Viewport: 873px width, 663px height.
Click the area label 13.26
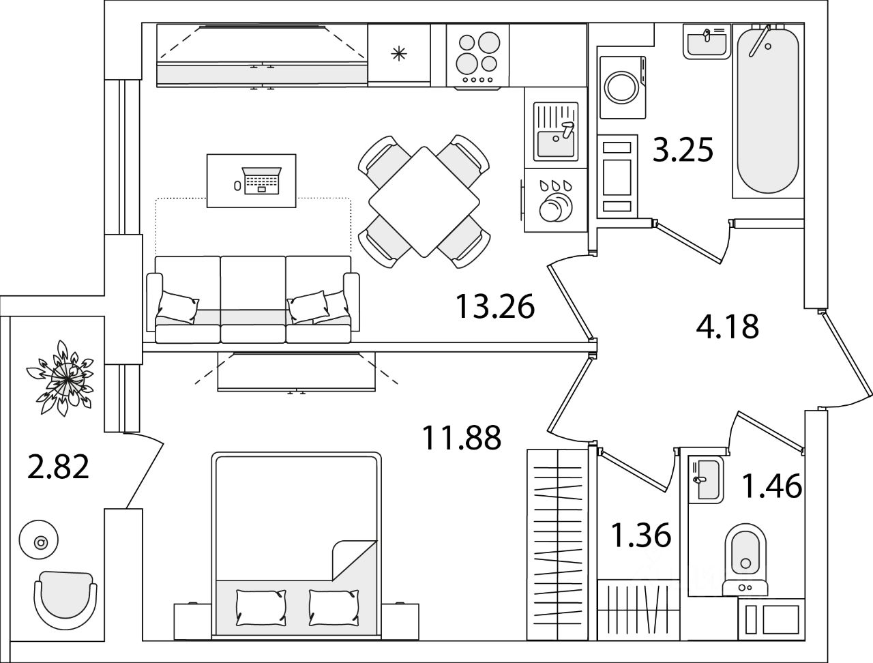click(x=494, y=307)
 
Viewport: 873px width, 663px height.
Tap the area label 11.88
click(x=462, y=437)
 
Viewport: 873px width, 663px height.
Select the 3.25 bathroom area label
click(x=683, y=150)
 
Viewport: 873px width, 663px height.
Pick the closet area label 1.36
click(x=641, y=535)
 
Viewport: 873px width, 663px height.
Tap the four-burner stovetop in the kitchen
click(x=477, y=56)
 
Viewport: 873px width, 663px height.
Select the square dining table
click(x=424, y=202)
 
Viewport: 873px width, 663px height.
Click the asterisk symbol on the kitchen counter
click(x=399, y=55)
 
